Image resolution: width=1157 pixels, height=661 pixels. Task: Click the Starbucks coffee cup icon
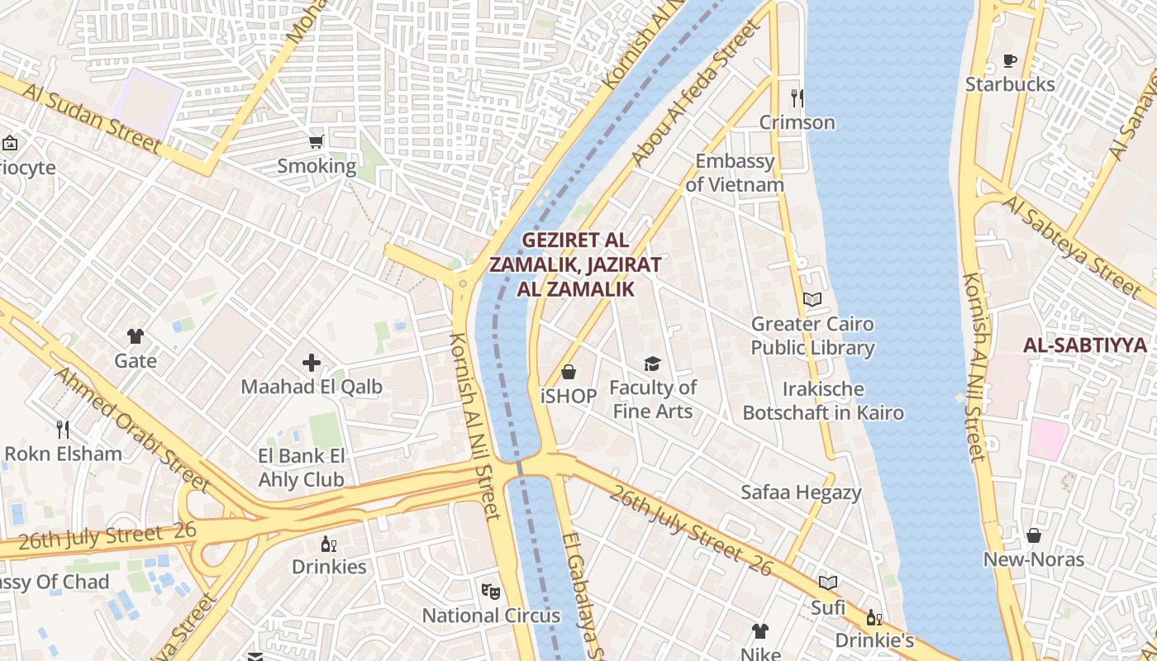coord(1009,60)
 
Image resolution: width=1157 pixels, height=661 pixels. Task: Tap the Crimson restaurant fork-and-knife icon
coord(798,98)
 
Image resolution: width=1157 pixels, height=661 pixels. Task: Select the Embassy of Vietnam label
coord(734,173)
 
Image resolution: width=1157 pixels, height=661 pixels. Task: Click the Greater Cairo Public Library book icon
coord(812,300)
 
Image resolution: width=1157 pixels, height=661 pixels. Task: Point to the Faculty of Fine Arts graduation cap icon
coord(653,364)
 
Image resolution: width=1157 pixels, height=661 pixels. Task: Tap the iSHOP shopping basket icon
coord(569,373)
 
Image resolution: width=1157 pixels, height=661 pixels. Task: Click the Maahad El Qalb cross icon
coord(312,363)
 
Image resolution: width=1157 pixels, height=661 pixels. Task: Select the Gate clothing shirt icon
coord(136,336)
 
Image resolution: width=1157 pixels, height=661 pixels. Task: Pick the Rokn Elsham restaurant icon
coord(63,429)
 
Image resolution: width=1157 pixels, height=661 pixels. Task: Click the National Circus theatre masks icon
coord(491,591)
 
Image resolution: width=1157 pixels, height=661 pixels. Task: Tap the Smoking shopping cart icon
coord(316,142)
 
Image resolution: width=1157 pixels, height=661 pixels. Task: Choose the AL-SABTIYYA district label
coord(1085,345)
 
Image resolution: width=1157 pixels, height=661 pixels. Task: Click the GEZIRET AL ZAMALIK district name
coord(575,264)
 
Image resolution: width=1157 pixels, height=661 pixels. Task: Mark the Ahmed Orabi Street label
coord(132,429)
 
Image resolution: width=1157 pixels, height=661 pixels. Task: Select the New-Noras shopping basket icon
coord(1033,535)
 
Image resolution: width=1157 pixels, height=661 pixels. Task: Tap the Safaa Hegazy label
coord(801,492)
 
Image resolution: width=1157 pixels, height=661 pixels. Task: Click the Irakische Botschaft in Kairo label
coord(823,401)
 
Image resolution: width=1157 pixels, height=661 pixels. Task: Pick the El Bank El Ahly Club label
coord(301,468)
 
